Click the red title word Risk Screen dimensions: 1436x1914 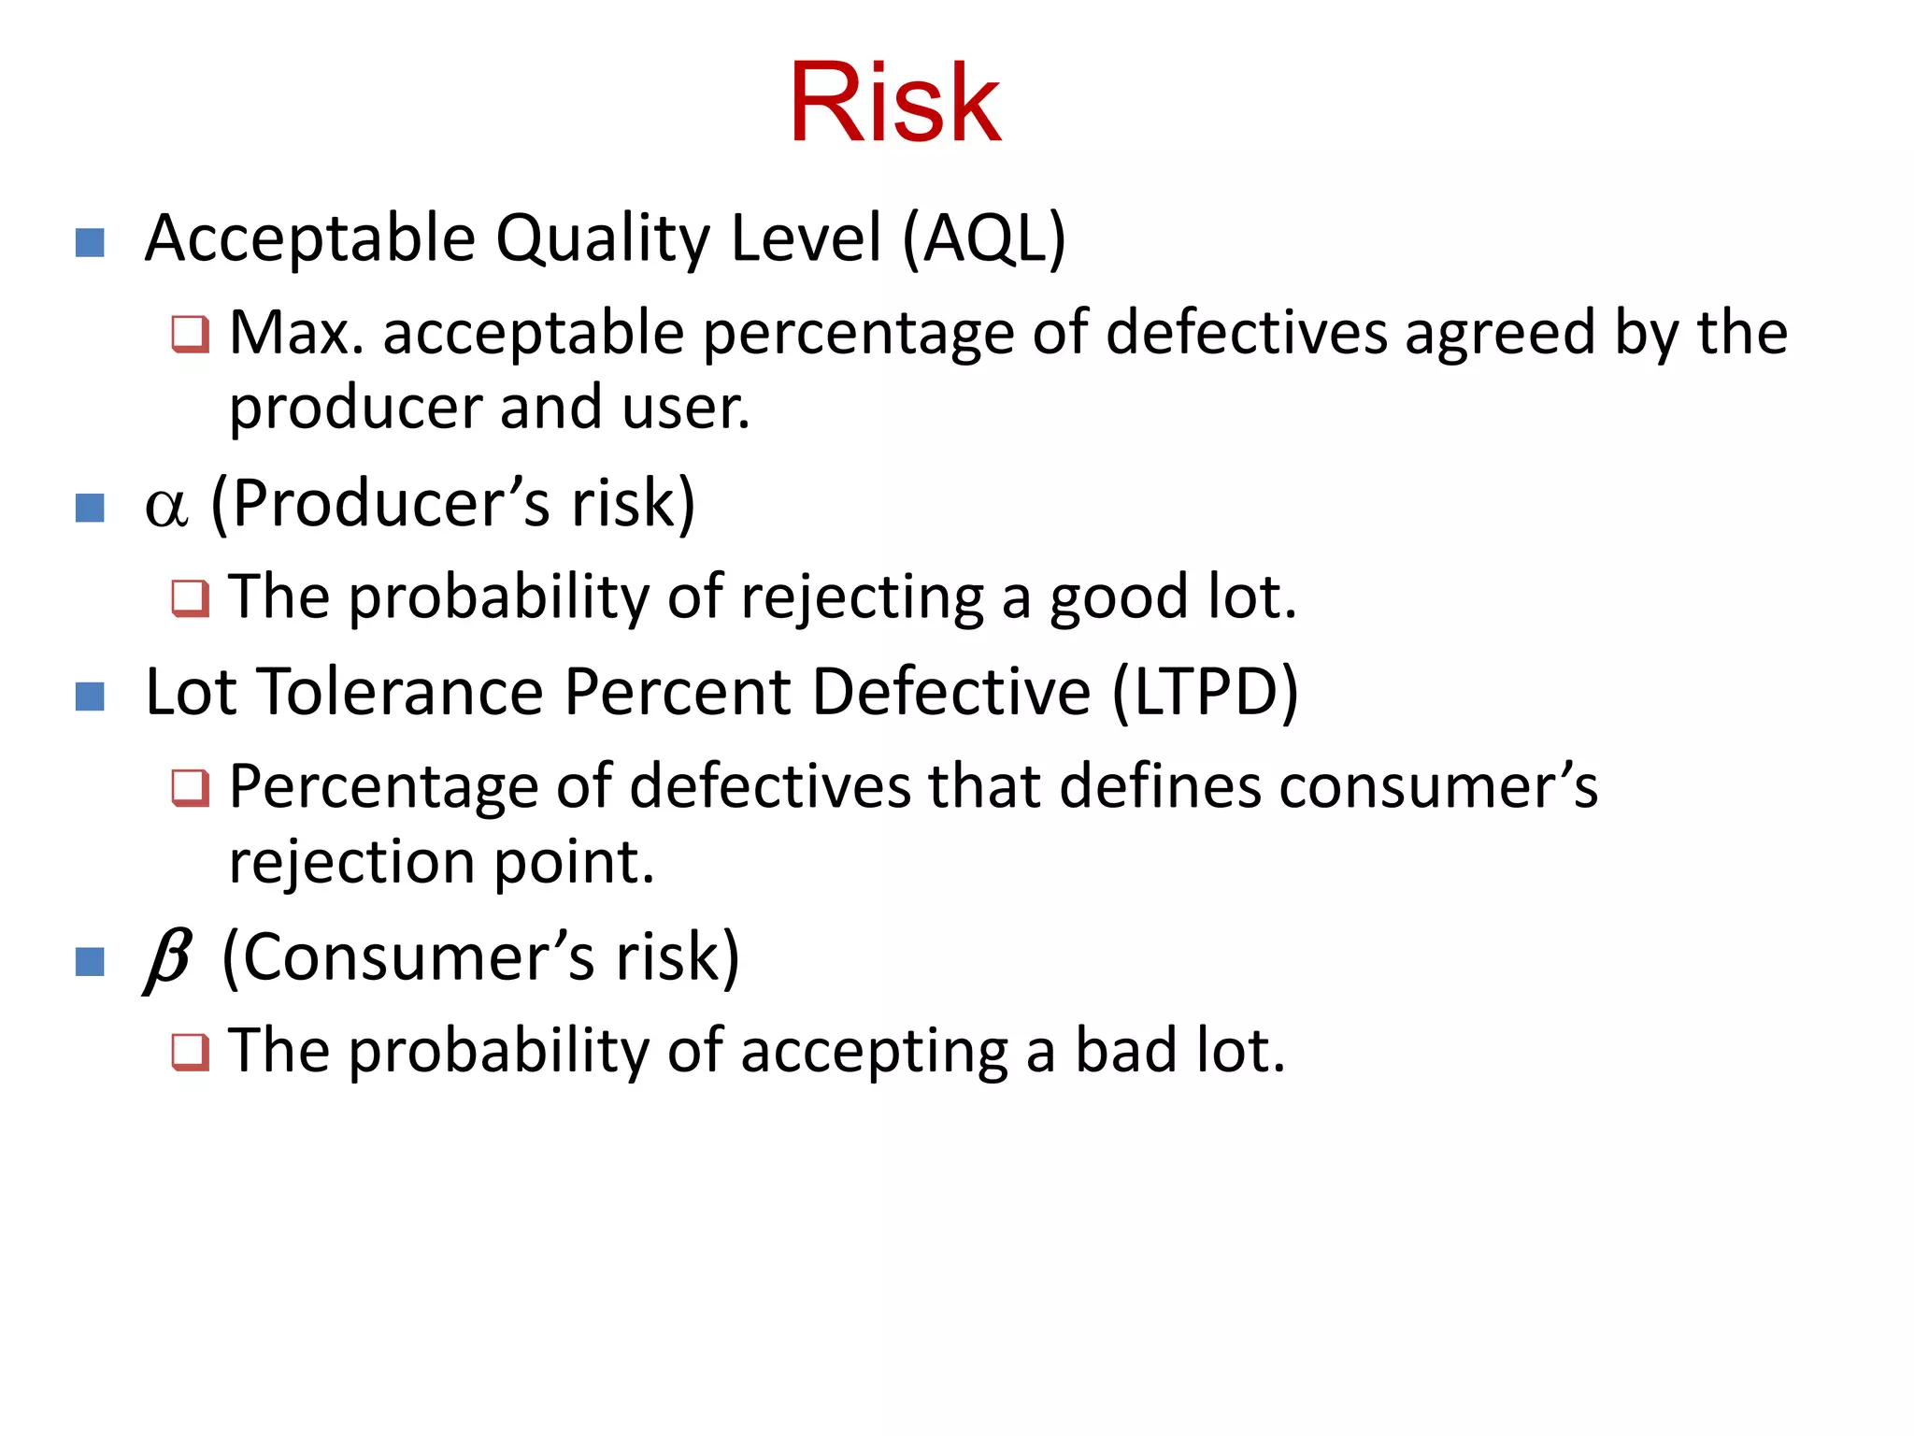click(894, 103)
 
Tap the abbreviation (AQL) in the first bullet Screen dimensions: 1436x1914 click(984, 238)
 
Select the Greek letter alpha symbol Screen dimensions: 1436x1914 click(166, 507)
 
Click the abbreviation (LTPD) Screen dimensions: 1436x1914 click(1205, 693)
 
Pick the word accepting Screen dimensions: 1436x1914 click(874, 1052)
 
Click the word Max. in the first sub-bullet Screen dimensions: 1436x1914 click(296, 333)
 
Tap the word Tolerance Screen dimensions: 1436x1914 click(400, 693)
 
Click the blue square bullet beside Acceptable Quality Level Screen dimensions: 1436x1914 click(90, 243)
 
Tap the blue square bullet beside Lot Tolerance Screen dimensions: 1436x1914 click(90, 696)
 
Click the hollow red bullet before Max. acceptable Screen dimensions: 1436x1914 click(191, 334)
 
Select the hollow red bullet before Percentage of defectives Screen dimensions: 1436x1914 click(191, 787)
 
